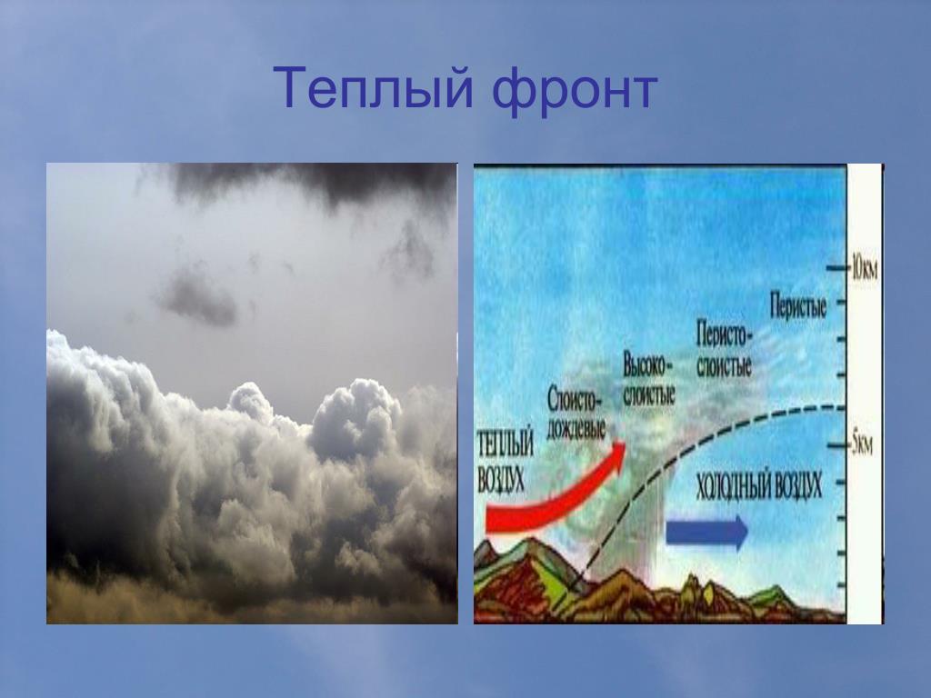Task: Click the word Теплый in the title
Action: click(x=373, y=89)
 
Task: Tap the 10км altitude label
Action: click(x=864, y=269)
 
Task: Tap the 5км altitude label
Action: click(x=863, y=445)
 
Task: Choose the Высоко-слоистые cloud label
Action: click(x=648, y=380)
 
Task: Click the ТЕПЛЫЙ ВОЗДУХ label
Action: click(x=506, y=461)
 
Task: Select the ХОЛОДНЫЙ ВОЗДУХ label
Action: click(x=759, y=485)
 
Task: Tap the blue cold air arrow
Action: click(x=706, y=531)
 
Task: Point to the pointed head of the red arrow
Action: click(x=624, y=443)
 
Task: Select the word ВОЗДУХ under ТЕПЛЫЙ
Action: click(x=502, y=478)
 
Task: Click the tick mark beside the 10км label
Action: click(x=837, y=269)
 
